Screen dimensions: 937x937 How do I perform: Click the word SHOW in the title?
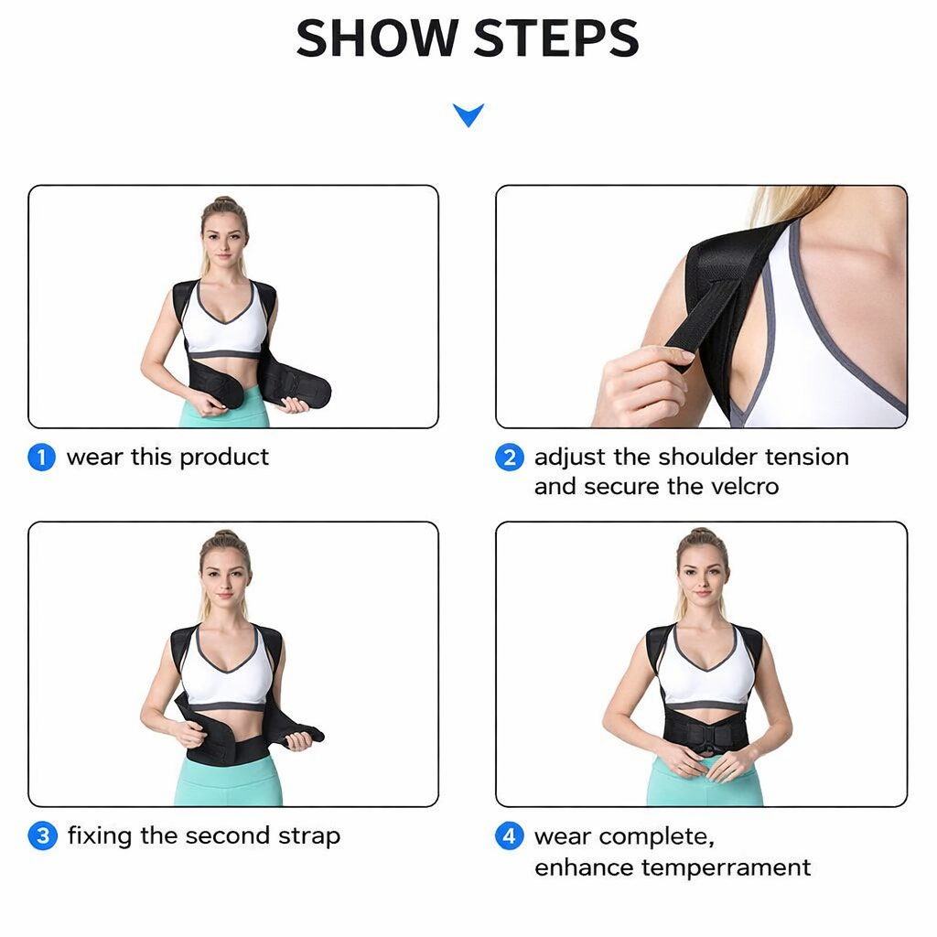point(377,38)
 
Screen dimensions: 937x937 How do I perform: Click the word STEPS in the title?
point(556,38)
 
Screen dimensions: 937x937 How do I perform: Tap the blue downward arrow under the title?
point(468,114)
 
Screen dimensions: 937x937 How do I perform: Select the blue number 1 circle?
point(42,458)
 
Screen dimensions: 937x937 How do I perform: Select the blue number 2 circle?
point(510,458)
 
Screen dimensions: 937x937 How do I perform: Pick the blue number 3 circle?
point(42,835)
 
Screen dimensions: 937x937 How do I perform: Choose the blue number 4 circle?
point(510,835)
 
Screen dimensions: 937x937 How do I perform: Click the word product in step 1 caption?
point(224,458)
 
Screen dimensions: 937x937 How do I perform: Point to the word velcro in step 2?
point(745,487)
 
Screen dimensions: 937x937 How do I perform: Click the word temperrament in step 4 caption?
point(726,867)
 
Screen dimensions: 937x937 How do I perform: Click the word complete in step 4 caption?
point(656,837)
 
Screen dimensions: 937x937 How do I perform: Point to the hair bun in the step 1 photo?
point(225,200)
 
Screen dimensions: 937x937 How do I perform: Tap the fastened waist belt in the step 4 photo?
point(705,733)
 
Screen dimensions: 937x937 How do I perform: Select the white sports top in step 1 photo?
point(224,323)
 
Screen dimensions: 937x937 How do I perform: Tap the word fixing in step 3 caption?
point(99,836)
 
